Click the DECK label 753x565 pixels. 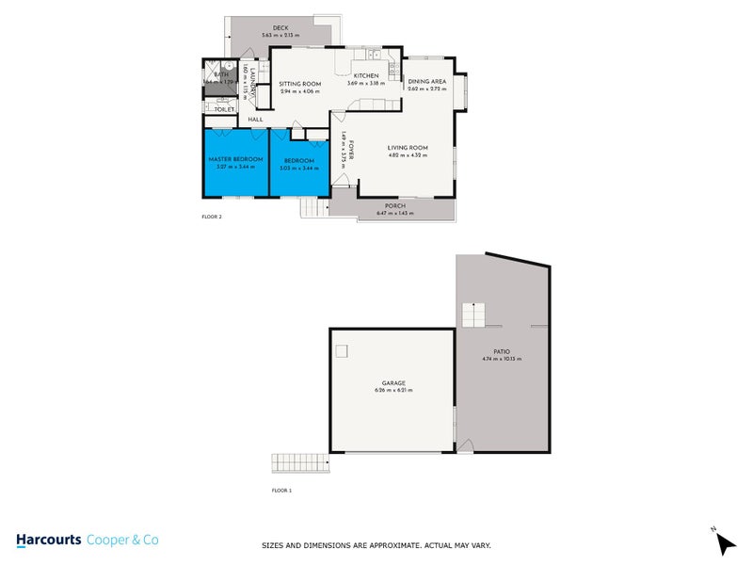(280, 28)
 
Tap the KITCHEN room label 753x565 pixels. (366, 75)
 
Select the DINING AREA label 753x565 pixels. (426, 82)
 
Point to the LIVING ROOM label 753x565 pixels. (408, 148)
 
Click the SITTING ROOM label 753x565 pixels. (299, 84)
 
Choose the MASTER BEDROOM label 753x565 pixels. (235, 159)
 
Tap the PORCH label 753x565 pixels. (395, 206)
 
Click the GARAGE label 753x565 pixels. (393, 382)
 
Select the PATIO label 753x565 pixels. (501, 351)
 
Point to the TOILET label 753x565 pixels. (224, 109)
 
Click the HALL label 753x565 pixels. (255, 120)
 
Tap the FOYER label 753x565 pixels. (350, 150)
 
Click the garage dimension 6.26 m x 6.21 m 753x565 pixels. (393, 390)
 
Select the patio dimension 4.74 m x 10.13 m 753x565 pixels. (501, 359)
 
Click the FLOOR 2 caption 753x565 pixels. (212, 217)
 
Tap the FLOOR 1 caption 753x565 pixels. (282, 491)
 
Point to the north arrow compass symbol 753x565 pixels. (720, 542)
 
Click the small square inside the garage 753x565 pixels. (342, 350)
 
